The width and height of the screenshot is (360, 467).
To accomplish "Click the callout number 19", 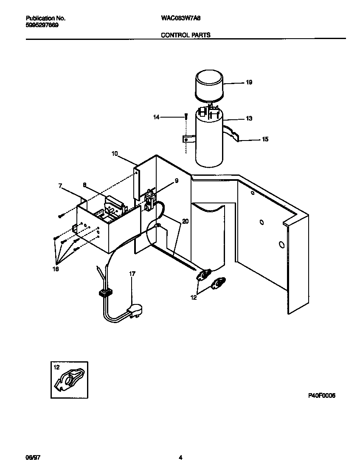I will [249, 82].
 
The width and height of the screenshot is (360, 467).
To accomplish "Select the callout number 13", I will [249, 118].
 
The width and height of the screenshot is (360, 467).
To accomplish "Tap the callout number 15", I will [265, 139].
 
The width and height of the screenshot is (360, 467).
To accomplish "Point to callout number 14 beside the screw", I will [156, 117].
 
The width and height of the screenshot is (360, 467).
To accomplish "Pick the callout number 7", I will [60, 186].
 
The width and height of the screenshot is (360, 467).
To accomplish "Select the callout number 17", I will [132, 274].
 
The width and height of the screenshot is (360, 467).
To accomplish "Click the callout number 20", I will [185, 221].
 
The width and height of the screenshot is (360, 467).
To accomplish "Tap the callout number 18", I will [56, 269].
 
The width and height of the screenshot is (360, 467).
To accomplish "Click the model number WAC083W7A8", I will [179, 19].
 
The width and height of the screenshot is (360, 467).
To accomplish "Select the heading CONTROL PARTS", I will [186, 35].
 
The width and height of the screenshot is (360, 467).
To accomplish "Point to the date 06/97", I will [32, 458].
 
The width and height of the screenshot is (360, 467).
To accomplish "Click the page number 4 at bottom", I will [180, 458].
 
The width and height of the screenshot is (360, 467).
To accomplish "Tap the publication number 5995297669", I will [42, 25].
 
